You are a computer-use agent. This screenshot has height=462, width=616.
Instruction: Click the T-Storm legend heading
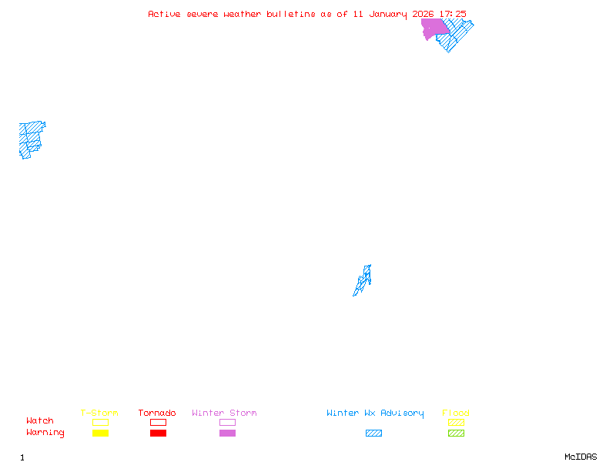tap(99, 413)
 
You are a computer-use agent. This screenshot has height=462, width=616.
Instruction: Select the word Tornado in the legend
tap(157, 413)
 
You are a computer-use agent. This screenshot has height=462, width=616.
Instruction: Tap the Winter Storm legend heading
tap(224, 413)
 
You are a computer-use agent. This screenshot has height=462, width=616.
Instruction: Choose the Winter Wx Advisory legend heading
tap(375, 413)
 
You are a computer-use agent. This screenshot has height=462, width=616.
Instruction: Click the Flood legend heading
tap(456, 413)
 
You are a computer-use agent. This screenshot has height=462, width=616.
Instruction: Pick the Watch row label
tap(40, 421)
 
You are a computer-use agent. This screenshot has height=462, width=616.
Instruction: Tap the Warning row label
tap(45, 433)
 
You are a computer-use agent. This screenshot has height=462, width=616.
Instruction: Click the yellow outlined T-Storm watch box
tap(100, 422)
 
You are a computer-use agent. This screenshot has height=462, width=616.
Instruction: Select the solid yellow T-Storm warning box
tap(100, 434)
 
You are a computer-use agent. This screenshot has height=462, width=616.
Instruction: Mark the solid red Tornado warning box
tap(158, 434)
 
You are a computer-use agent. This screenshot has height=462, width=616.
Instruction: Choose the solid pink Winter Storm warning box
tap(227, 434)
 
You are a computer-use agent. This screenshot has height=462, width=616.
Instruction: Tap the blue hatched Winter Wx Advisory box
tap(373, 434)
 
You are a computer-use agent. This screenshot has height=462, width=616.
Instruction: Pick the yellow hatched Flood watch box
tap(456, 422)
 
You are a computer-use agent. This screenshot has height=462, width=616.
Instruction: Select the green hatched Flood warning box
tap(456, 434)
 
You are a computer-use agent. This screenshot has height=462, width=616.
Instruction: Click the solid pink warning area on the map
tap(434, 28)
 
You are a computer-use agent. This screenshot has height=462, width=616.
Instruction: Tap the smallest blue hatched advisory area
tap(363, 280)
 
